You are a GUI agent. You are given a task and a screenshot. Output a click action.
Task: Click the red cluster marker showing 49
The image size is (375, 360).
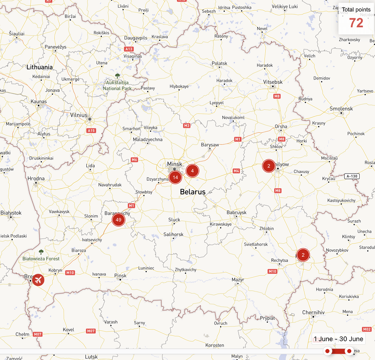(x=119, y=220)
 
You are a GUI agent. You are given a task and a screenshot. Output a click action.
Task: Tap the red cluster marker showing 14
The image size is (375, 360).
(x=175, y=177)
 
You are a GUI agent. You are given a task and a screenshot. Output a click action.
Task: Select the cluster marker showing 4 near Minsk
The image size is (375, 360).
(x=192, y=171)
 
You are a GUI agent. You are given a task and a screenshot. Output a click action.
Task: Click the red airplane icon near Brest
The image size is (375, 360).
(x=38, y=280)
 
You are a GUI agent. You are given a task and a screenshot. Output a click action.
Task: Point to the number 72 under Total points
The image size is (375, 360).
(x=356, y=23)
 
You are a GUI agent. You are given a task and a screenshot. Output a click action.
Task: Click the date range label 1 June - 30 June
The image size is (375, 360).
(x=338, y=339)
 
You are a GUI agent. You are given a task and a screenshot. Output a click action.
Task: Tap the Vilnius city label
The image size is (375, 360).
(x=79, y=115)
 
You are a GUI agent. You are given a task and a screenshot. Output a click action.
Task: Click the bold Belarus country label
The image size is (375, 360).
(x=193, y=192)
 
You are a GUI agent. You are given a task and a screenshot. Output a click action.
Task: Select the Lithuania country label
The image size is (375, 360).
(x=40, y=67)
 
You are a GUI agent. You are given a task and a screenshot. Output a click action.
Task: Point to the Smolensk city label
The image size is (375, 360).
(x=341, y=109)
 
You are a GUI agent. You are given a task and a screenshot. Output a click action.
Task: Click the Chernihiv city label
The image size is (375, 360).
(x=313, y=312)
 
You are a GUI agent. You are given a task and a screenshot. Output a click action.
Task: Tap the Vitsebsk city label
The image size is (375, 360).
(x=273, y=82)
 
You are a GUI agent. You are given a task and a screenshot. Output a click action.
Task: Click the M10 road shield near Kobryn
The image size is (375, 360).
(x=70, y=272)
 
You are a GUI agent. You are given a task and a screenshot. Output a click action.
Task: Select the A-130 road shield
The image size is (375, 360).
(x=352, y=176)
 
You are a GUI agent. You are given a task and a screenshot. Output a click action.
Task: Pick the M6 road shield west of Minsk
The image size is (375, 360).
(x=134, y=160)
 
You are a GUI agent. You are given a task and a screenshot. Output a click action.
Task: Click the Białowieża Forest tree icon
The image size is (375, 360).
(x=41, y=252)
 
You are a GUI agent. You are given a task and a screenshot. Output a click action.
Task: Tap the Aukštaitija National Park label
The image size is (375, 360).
(x=117, y=85)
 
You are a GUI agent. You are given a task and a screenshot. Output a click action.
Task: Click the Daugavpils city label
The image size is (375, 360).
(x=136, y=38)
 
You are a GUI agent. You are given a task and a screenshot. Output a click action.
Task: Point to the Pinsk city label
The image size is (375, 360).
(x=120, y=276)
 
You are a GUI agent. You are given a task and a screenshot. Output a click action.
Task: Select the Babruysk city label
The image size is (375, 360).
(x=236, y=212)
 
